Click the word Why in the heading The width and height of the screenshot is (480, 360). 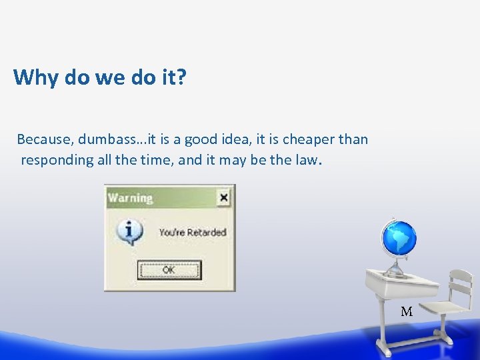(x=36, y=78)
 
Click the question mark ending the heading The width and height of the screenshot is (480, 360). (x=182, y=78)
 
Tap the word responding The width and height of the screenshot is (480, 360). (x=57, y=160)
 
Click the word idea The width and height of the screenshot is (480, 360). (x=229, y=139)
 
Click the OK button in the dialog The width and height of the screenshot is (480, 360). (x=169, y=270)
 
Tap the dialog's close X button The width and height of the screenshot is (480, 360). (x=223, y=197)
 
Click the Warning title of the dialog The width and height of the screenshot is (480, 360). (x=131, y=197)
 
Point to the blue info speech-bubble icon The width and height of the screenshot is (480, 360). (x=129, y=231)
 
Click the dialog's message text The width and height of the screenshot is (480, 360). (x=193, y=233)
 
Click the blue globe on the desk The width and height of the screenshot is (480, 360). (x=398, y=238)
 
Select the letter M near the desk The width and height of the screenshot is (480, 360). (x=407, y=311)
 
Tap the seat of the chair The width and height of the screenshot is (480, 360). (x=446, y=309)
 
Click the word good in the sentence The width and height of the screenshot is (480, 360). (x=201, y=139)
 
